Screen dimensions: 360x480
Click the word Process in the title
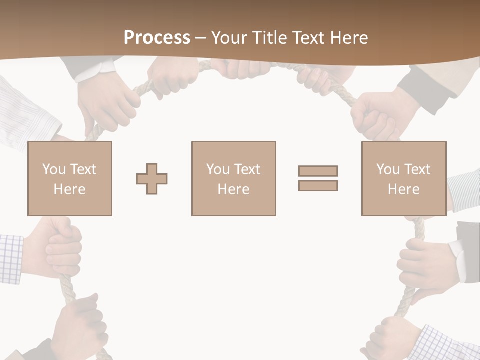pos(157,38)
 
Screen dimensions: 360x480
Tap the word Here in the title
pos(347,38)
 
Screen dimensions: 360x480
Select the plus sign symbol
pos(152,178)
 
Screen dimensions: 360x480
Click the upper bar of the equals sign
pos(318,171)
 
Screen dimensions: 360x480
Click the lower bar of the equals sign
pos(318,185)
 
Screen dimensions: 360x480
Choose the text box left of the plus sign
pos(70,178)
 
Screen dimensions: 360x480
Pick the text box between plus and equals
pos(233,178)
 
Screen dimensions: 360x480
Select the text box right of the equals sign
pos(403,178)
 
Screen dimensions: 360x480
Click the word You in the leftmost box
pos(53,169)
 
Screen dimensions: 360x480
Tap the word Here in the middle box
pos(233,189)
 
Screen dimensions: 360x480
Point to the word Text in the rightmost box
pos(417,169)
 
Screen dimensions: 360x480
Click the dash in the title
pos(200,38)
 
